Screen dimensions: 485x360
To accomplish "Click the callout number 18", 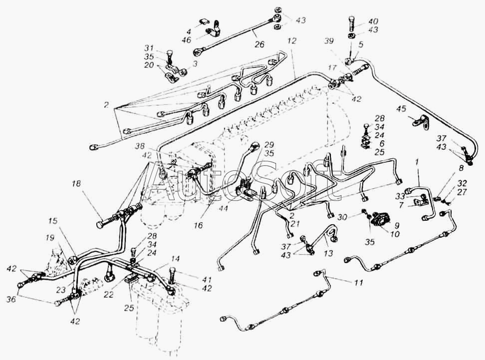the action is point(76,184).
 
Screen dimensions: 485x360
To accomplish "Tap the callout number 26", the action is point(259,44).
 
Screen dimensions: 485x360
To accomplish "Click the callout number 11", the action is point(358,283).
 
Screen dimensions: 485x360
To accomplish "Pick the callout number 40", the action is point(374,21).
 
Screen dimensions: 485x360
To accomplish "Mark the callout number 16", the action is point(198,225).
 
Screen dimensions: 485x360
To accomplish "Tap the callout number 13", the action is point(328,253).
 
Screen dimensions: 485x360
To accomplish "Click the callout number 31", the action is point(149,48).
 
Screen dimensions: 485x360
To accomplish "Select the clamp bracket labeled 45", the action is point(421,120).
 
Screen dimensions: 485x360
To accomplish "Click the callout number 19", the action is point(50,238).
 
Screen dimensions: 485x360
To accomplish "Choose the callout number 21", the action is point(295,224).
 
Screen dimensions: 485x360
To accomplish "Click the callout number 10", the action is point(395,234).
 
